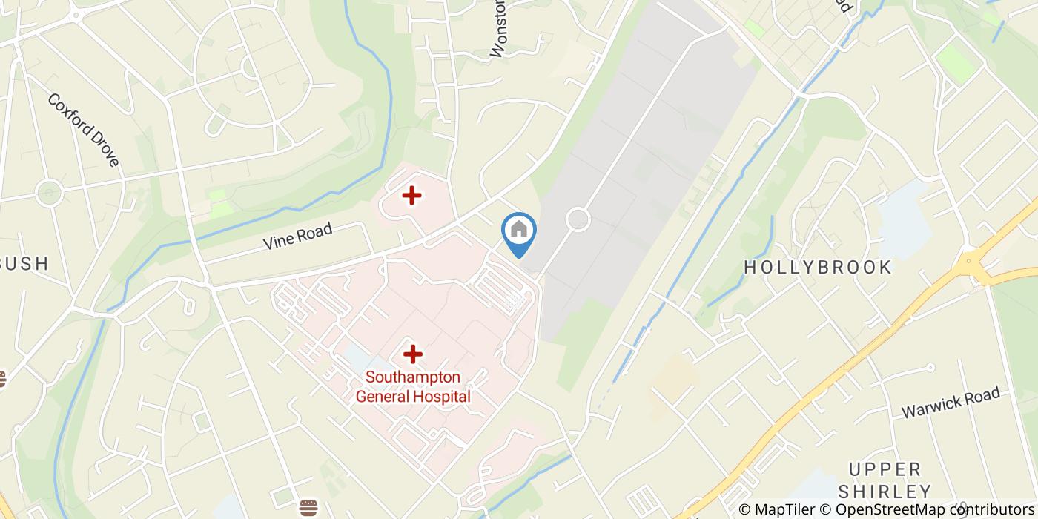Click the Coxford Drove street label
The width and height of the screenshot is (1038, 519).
[x=83, y=130]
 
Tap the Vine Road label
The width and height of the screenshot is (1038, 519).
[x=297, y=237]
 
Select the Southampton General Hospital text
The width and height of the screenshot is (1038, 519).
[x=413, y=386]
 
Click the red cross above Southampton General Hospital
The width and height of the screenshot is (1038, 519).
[x=412, y=354]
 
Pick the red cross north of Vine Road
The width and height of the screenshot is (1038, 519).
[x=411, y=196]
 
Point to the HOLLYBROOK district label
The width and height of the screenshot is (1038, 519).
[x=817, y=268]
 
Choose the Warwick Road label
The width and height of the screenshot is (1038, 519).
[x=951, y=403]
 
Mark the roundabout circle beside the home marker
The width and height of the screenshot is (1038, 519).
[x=578, y=219]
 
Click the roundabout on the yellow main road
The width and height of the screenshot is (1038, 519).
[x=968, y=262]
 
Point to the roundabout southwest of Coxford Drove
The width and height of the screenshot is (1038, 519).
[x=49, y=193]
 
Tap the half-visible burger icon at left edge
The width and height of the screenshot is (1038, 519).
[x=2, y=380]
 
